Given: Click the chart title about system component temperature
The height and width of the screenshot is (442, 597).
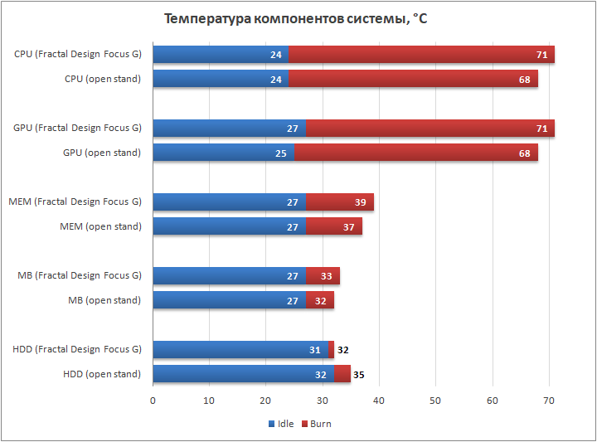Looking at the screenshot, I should tap(295, 18).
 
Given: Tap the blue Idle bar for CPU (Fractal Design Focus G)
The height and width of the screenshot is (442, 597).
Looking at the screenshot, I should tap(221, 55).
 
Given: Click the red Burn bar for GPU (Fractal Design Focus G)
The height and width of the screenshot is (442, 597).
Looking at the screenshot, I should tap(430, 129).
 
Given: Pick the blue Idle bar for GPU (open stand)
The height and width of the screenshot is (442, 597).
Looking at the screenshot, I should tap(224, 153).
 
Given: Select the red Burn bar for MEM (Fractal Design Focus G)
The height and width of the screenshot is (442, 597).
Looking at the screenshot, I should tap(340, 202).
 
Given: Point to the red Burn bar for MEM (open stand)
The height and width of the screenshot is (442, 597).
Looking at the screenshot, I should tap(334, 226).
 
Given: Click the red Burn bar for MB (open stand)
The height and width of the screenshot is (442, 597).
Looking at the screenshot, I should tap(320, 300).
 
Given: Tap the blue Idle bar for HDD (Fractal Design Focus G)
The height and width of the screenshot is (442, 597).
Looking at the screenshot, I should tap(240, 350).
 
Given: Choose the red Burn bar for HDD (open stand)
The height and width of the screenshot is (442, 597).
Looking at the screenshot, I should tap(342, 374).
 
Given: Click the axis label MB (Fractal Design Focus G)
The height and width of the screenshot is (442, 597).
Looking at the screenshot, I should tap(80, 275).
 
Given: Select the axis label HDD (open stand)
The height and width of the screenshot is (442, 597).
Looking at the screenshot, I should tap(102, 374).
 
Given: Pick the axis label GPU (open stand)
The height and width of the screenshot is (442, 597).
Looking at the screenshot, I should tap(102, 153).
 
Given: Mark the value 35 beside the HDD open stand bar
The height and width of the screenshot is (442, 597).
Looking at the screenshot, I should tap(359, 375).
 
